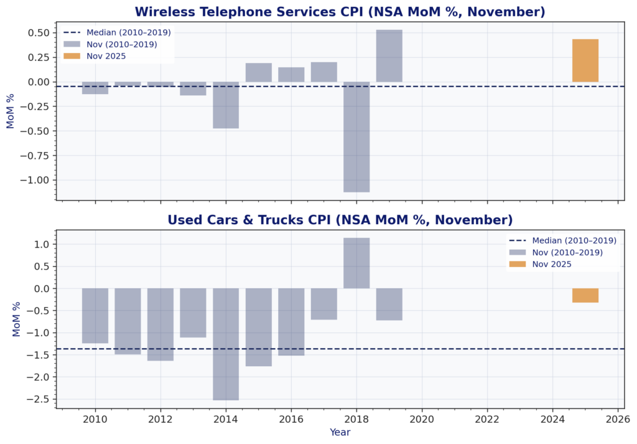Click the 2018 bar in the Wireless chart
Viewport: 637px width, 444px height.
pyautogui.click(x=356, y=136)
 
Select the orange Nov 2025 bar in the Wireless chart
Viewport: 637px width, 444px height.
pyautogui.click(x=585, y=60)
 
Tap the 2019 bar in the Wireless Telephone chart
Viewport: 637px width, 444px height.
pyautogui.click(x=389, y=55)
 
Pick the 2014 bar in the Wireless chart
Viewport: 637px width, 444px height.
pyautogui.click(x=226, y=105)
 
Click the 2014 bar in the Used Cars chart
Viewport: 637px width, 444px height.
pyautogui.click(x=226, y=344)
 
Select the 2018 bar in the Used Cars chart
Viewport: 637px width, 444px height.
pyautogui.click(x=356, y=263)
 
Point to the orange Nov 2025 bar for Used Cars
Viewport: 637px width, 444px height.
pyautogui.click(x=585, y=295)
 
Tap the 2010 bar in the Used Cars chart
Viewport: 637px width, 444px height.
pyautogui.click(x=95, y=316)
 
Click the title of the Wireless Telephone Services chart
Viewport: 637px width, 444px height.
pyautogui.click(x=340, y=12)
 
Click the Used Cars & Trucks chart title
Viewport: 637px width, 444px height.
pyautogui.click(x=340, y=220)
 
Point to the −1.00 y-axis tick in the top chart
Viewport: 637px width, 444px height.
pyautogui.click(x=39, y=180)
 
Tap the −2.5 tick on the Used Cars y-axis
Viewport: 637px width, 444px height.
pyautogui.click(x=42, y=399)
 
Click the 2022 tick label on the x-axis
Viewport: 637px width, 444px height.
pyautogui.click(x=487, y=418)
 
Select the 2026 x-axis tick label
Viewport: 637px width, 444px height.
pyautogui.click(x=617, y=418)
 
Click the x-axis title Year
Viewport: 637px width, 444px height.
pyautogui.click(x=340, y=432)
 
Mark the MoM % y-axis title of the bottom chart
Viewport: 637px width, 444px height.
pyautogui.click(x=17, y=319)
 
